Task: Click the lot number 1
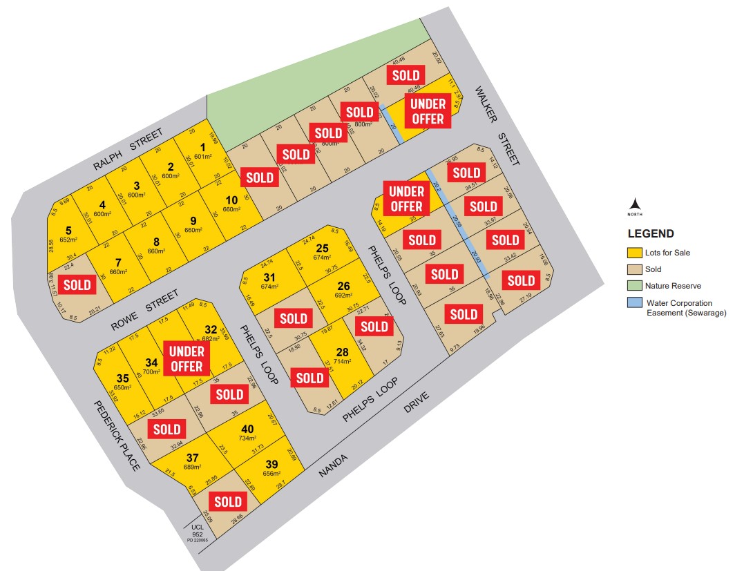(202, 146)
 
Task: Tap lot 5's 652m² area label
(68, 240)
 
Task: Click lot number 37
(192, 457)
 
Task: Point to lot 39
(271, 464)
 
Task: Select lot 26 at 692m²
(343, 286)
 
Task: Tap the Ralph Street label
(129, 149)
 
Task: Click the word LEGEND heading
(650, 234)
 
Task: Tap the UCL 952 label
(197, 532)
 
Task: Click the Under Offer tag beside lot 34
(186, 358)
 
